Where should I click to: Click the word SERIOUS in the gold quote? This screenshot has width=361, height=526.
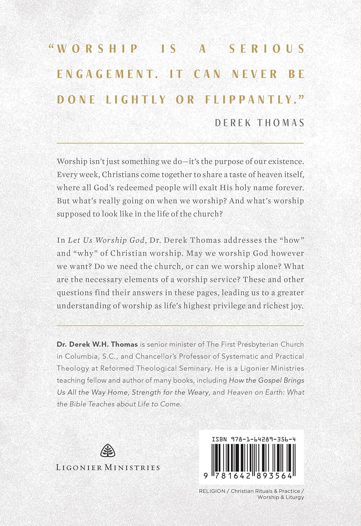(267, 48)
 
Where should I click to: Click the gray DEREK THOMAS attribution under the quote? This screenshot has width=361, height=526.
(259, 122)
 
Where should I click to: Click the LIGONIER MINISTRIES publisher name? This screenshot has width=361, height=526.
(108, 467)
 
